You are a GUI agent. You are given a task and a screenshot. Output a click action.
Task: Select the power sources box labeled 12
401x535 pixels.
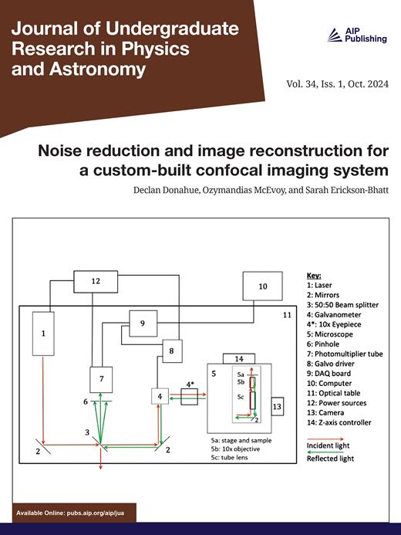96,282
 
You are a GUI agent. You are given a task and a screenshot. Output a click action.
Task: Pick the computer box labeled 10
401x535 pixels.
262,286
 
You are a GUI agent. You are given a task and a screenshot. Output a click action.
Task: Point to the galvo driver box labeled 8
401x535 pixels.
171,352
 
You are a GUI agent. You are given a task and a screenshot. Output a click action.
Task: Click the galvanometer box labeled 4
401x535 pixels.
160,397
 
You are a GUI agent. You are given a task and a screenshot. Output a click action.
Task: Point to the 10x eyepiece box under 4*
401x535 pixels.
189,398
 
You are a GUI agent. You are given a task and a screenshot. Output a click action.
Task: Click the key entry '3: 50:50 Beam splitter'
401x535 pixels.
339,305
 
